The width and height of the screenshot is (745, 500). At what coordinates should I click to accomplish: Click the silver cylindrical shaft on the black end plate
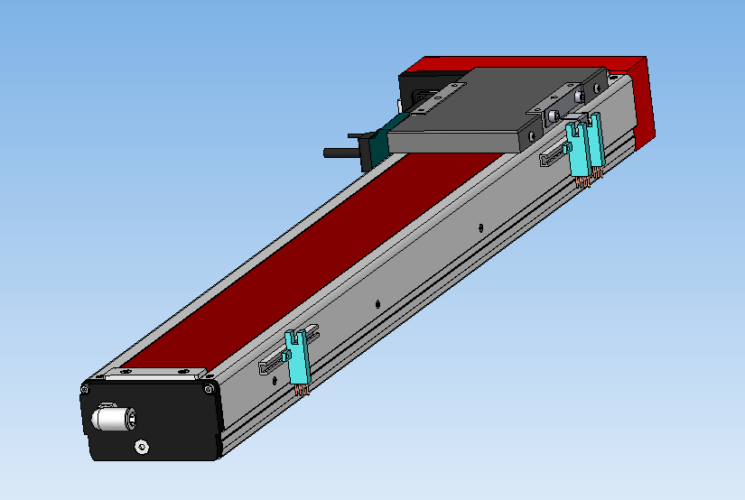click(x=110, y=418)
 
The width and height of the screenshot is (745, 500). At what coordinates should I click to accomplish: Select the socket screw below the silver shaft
click(x=142, y=447)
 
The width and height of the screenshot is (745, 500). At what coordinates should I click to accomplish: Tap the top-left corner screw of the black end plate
click(x=86, y=389)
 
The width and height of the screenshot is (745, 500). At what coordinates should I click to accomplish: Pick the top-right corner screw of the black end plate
click(x=210, y=390)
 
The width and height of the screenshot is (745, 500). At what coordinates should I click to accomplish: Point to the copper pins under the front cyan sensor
click(x=303, y=389)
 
